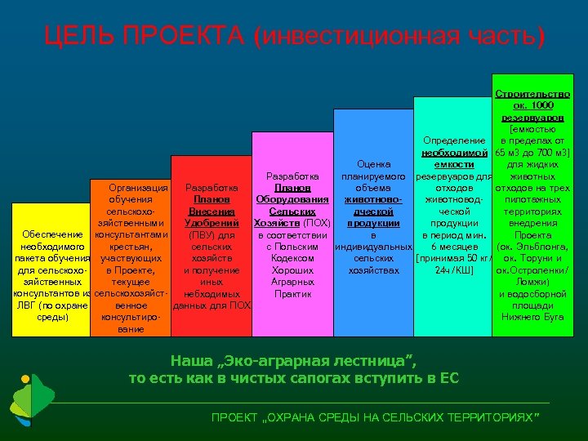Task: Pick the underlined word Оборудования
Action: [x=292, y=199]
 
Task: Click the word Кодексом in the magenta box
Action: [x=292, y=258]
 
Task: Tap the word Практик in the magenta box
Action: [x=292, y=293]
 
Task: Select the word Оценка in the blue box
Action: [x=372, y=164]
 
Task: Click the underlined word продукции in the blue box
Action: [x=372, y=223]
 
